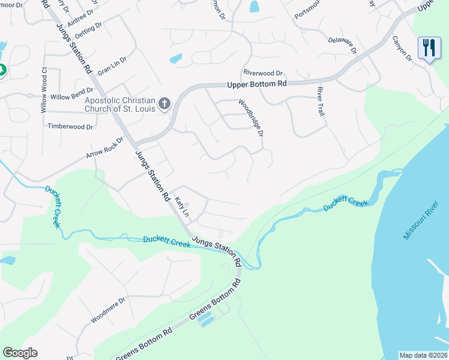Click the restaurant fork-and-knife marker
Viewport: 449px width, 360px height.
tap(429, 48)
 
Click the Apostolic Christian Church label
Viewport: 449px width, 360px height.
tap(120, 104)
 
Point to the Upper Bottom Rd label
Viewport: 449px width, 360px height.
tap(257, 85)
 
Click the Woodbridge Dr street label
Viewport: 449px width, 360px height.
tap(251, 118)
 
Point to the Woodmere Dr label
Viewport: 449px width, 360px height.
tap(108, 310)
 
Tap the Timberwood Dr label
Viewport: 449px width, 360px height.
tap(71, 127)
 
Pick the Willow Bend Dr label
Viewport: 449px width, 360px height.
tap(72, 97)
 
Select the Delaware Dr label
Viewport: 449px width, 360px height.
tap(343, 45)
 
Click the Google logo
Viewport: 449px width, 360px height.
tap(20, 353)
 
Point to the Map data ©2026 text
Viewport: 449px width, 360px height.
tap(423, 355)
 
